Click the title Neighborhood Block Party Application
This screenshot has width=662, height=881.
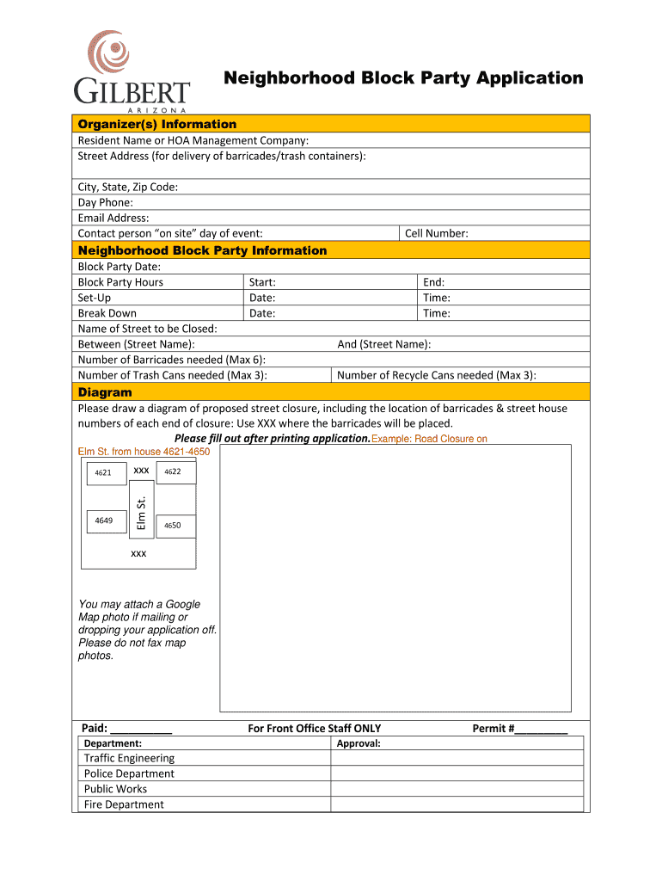[403, 78]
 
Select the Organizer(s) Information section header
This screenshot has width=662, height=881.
[157, 124]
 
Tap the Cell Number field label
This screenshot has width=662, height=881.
[437, 233]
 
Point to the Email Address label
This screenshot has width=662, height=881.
[113, 218]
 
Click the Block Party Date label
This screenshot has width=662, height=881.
[120, 267]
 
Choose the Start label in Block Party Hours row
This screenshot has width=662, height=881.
[262, 282]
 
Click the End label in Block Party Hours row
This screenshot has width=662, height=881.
[433, 282]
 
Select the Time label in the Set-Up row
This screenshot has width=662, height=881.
[437, 298]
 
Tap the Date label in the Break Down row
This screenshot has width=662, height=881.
[262, 313]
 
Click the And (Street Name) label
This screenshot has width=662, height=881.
[384, 344]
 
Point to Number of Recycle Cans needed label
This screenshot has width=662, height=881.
[437, 375]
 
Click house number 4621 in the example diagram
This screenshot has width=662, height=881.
[103, 472]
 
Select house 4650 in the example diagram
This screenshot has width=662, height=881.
[173, 525]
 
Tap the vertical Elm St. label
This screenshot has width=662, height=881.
[143, 513]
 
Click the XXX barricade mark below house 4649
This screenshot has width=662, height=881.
[138, 553]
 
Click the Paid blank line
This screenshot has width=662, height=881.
[142, 730]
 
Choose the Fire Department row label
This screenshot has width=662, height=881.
[124, 804]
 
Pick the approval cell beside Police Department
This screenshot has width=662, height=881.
[457, 773]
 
